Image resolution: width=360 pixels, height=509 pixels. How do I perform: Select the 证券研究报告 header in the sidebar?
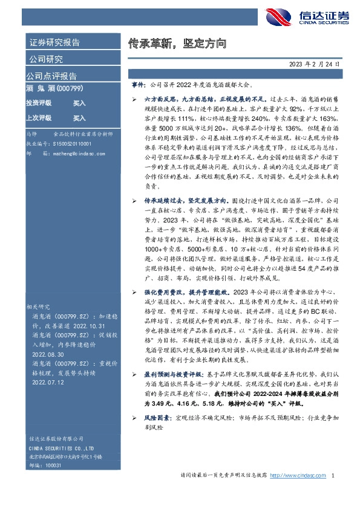coord(54,42)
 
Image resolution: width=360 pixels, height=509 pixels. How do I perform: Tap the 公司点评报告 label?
coord(51,76)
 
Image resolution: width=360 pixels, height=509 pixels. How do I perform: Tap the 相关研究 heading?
coord(38,307)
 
